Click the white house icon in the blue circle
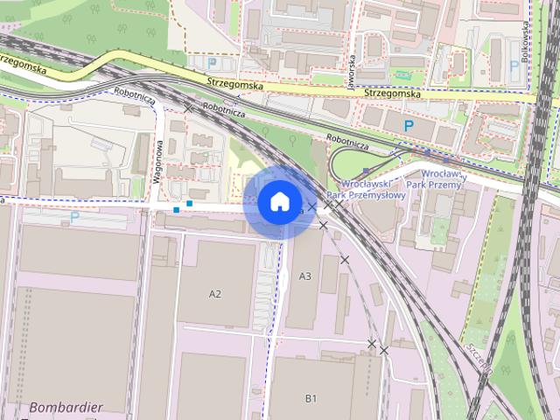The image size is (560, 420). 279,202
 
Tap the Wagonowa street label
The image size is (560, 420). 159,162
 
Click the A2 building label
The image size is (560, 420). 215,294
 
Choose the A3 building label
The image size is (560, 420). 305,276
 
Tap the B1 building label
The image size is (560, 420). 311,399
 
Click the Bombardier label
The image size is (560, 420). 66,408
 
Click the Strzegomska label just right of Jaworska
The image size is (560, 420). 392,93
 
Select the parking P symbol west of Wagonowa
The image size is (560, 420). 74,217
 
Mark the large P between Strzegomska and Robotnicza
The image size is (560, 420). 409,126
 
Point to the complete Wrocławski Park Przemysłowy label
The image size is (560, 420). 366,189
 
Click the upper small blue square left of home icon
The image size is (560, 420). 189,204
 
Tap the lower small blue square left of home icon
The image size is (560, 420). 177,210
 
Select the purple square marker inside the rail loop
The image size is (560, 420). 365,171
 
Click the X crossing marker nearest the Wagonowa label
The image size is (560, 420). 189,108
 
